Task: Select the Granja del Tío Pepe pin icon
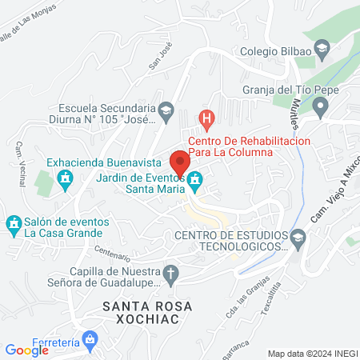tap(321, 106)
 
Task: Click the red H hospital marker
tap(207, 120)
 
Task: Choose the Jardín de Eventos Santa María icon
tap(193, 185)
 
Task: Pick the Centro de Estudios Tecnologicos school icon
tap(298, 236)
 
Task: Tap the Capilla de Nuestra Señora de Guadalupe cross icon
tap(170, 274)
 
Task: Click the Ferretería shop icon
tap(91, 341)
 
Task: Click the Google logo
tap(26, 350)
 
